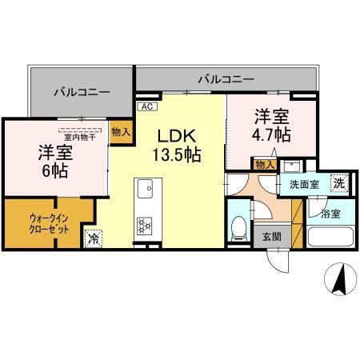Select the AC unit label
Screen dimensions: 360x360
coord(146,106)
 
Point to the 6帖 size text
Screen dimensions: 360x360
coord(55,170)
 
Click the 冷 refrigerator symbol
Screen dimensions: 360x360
coord(94,238)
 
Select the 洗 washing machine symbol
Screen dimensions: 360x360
coord(339,182)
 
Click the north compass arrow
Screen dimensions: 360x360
coord(339,280)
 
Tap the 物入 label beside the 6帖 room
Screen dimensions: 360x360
coord(120,130)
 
